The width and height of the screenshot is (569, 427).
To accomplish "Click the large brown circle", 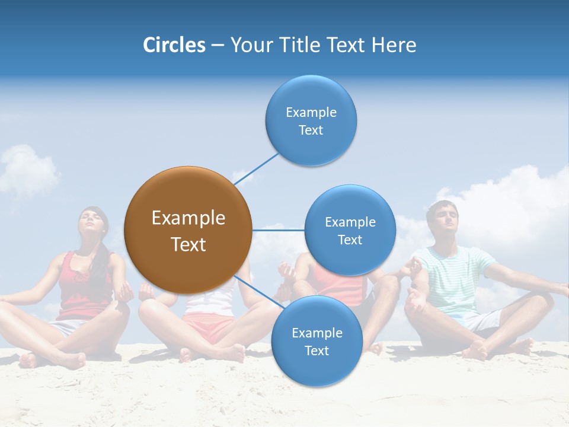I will point(188,230).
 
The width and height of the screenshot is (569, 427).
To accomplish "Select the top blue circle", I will point(311,120).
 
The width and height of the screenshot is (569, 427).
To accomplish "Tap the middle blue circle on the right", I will point(350,230).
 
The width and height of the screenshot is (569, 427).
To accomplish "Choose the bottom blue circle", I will point(317,341).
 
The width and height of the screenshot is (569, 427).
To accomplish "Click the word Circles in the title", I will point(174,45).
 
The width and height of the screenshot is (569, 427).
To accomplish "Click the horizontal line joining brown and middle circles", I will point(279,230).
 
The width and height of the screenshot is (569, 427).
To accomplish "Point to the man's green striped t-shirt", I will point(453,279).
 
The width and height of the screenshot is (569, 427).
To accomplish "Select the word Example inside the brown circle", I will point(188,218).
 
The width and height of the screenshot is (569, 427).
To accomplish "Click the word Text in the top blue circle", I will point(311,130).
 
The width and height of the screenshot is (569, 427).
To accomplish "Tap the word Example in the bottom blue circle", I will point(317,333).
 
